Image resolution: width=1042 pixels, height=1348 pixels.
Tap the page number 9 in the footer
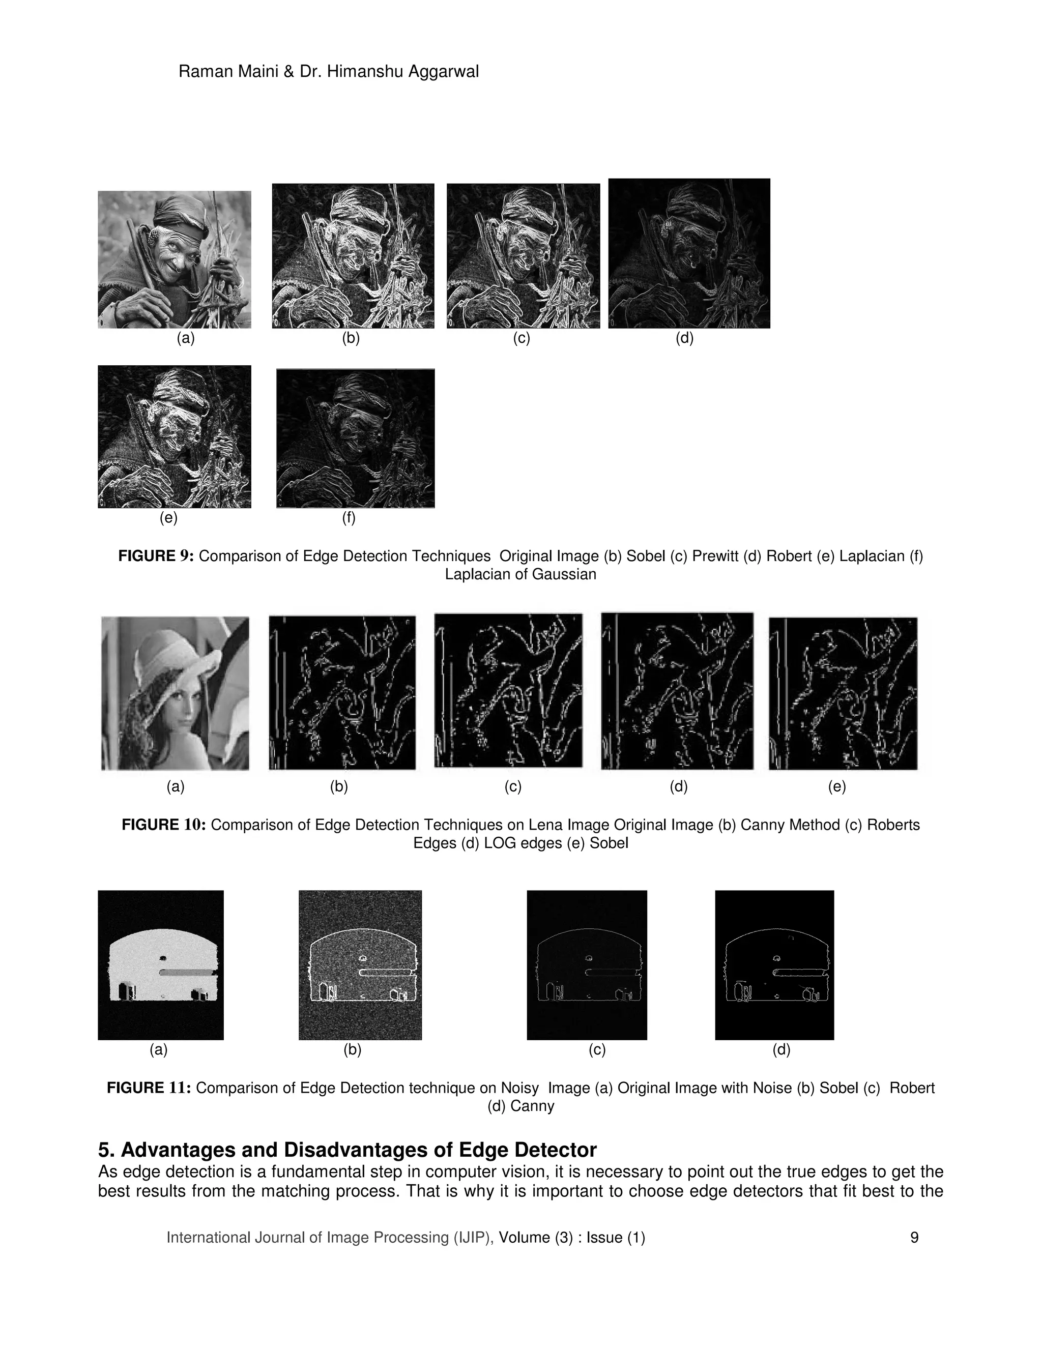pyautogui.click(x=914, y=1237)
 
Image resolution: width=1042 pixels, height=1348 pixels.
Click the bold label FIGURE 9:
pyautogui.click(x=156, y=556)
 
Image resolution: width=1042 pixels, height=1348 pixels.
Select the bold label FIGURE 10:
pyautogui.click(x=164, y=825)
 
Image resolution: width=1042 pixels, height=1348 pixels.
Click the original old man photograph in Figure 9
pyautogui.click(x=174, y=259)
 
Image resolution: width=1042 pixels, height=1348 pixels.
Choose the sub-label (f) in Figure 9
pyautogui.click(x=349, y=518)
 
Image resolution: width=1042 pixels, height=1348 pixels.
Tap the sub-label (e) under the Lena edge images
pyautogui.click(x=836, y=786)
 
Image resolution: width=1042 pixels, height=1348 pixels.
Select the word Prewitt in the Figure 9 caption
pyautogui.click(x=714, y=556)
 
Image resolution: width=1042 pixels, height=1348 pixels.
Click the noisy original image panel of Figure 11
pyautogui.click(x=160, y=964)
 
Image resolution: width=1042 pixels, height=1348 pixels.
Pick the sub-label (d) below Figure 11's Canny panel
pyautogui.click(x=781, y=1049)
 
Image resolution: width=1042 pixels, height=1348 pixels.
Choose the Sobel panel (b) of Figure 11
pyautogui.click(x=360, y=964)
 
